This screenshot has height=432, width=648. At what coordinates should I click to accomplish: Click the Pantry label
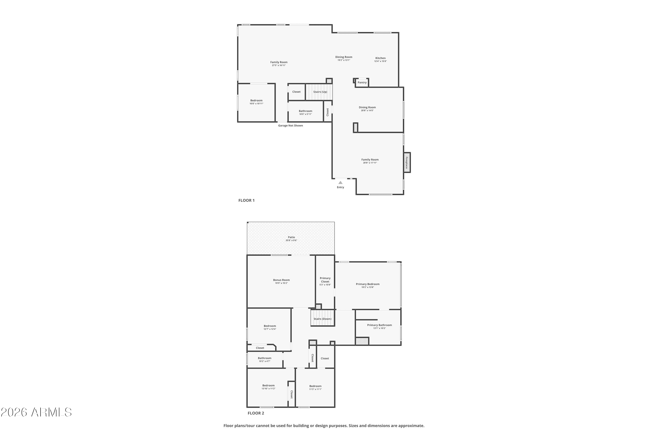point(362,82)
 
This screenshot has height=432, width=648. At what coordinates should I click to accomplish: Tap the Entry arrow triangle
point(341,182)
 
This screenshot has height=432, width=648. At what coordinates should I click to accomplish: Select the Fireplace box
point(407,163)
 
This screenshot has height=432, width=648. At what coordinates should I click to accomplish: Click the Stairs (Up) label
point(320,92)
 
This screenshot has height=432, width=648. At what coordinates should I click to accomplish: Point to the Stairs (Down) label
point(322,319)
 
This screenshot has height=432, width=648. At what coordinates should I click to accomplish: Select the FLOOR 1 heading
point(246,200)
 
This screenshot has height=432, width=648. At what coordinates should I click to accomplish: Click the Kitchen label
point(380,58)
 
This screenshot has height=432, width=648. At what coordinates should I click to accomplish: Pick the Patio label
point(291,237)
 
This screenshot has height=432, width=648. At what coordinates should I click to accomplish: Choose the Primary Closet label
point(325,280)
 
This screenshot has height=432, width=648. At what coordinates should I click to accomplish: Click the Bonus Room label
point(281,280)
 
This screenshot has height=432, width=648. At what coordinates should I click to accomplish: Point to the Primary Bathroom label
point(379,325)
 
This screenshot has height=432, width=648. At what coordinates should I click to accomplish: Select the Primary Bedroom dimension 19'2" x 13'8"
point(368,287)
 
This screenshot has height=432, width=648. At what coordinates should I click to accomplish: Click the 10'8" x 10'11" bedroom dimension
point(256,104)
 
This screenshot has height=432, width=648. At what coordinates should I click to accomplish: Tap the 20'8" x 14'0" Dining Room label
point(367,109)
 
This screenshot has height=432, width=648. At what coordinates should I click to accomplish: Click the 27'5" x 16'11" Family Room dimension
point(279,65)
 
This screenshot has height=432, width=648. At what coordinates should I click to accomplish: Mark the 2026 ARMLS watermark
point(36,412)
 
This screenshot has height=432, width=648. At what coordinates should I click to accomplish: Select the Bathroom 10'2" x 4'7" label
point(264,360)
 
